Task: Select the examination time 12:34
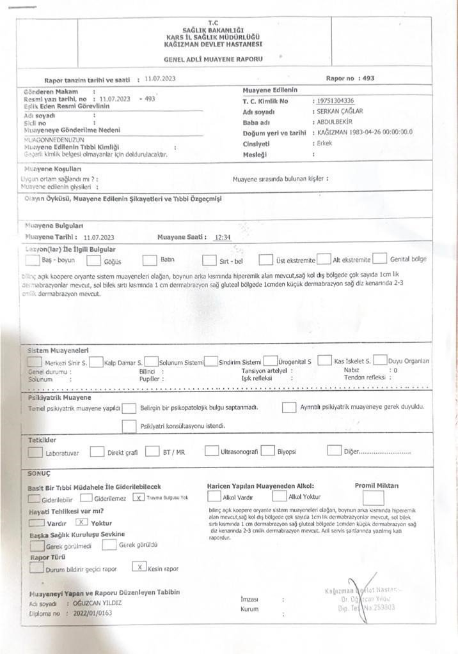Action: [x=223, y=237]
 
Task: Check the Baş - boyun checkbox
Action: [x=31, y=260]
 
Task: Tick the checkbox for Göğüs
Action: [x=93, y=261]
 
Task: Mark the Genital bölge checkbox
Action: [x=380, y=259]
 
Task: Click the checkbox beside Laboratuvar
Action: [x=35, y=452]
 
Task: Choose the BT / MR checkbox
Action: [x=152, y=452]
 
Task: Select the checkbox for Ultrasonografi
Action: [x=211, y=451]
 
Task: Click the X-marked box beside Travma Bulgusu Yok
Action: [x=138, y=498]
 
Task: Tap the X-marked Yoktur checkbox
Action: [x=81, y=522]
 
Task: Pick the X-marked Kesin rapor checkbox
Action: [x=139, y=567]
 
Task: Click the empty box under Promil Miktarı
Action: [x=372, y=498]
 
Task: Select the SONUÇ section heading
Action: [x=40, y=474]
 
